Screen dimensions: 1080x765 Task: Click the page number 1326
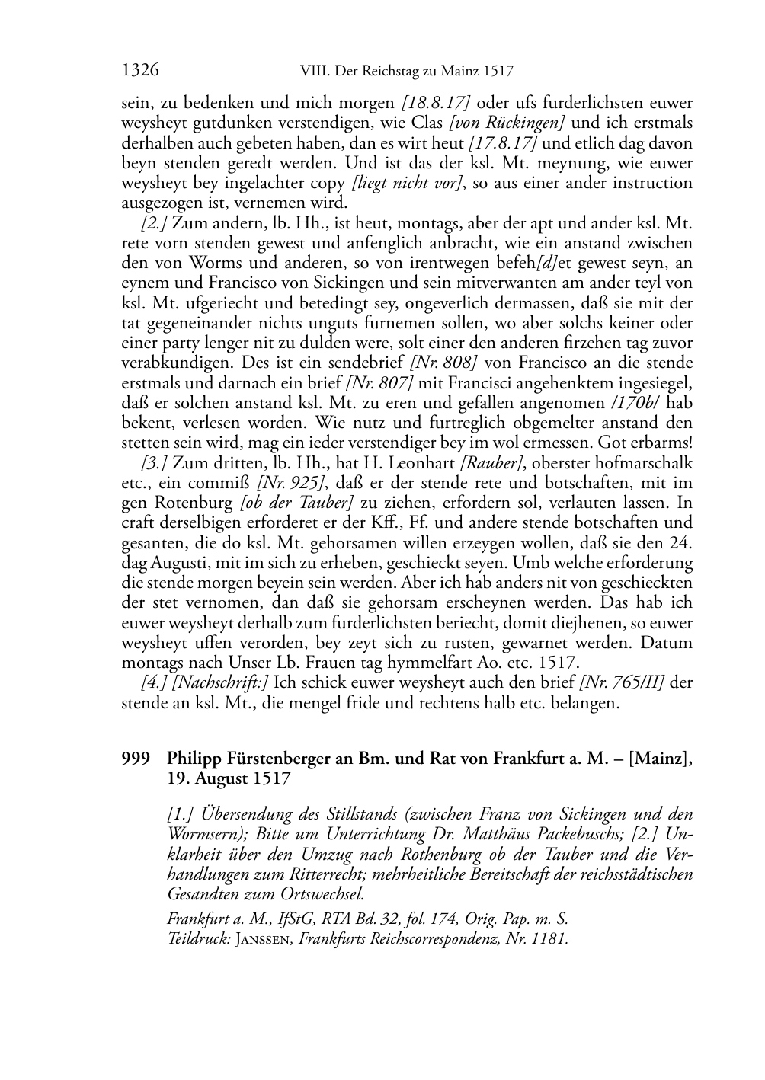click(x=140, y=71)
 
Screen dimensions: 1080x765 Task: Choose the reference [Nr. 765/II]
click(x=623, y=682)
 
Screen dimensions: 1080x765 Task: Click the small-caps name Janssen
click(x=264, y=939)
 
